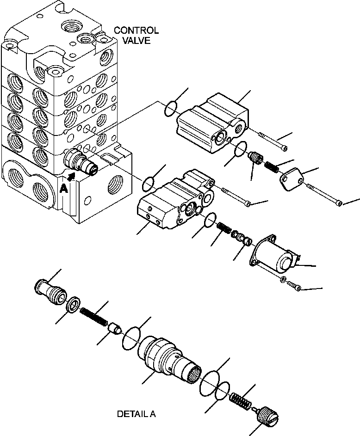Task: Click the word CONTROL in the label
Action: (136, 31)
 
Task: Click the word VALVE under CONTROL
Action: (137, 40)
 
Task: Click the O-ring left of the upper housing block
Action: (170, 109)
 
